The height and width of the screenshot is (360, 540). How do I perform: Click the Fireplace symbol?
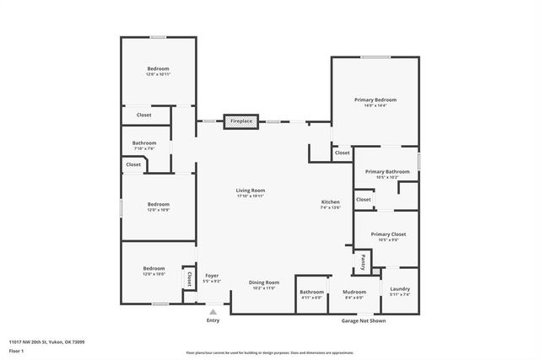[240, 121]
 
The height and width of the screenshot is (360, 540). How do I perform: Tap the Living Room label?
[251, 191]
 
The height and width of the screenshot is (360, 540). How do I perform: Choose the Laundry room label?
[400, 288]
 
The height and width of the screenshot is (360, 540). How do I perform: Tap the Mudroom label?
[354, 292]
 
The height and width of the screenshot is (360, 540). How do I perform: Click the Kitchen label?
[330, 201]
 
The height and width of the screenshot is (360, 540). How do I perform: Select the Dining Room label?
[263, 282]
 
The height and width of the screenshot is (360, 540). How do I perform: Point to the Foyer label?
[212, 275]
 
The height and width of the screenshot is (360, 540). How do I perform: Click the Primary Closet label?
[388, 234]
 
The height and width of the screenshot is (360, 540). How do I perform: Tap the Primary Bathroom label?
[387, 171]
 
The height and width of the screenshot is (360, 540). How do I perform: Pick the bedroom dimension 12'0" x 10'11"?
[159, 74]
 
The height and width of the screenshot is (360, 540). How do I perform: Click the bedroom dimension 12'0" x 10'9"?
[159, 209]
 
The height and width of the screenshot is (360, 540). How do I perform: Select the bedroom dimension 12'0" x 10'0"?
[154, 274]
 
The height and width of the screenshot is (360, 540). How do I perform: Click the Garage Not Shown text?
[364, 320]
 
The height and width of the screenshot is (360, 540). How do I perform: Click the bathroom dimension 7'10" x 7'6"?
[143, 148]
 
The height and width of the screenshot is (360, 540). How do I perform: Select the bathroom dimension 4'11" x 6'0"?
[311, 298]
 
